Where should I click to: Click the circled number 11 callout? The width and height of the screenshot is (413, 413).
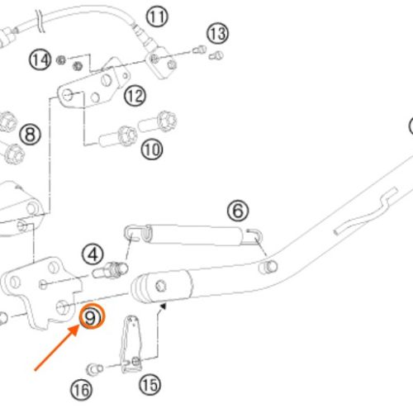pos(157,17)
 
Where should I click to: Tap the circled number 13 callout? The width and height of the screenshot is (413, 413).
pos(217,34)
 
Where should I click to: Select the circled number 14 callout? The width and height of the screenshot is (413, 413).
pos(40,59)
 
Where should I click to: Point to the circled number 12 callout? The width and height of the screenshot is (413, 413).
pos(135,96)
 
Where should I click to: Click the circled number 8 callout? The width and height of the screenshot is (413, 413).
pos(30,135)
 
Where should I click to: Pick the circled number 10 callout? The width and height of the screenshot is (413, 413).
pos(152,150)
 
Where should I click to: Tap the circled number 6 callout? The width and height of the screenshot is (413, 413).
pos(238,211)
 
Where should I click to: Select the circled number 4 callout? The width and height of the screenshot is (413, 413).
pos(93,254)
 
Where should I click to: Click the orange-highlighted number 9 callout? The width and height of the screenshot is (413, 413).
pos(92,316)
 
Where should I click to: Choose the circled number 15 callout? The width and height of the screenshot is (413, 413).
pos(150,385)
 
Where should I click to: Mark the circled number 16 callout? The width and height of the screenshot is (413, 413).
pos(82,390)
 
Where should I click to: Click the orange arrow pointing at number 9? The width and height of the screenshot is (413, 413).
pos(56,348)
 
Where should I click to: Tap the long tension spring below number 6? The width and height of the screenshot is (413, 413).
pos(192,235)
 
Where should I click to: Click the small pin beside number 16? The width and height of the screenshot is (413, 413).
pos(95,369)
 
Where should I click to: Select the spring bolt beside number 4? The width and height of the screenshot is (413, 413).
pos(110,270)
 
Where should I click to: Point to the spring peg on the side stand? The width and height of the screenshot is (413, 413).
pos(268,267)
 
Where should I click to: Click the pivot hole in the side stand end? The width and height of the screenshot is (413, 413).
pos(161,286)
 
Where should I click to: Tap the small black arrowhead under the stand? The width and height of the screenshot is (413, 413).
pos(164,306)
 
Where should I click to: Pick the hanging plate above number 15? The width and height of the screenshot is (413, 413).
pos(131,344)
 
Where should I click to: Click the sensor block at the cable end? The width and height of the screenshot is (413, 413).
pos(161,63)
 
